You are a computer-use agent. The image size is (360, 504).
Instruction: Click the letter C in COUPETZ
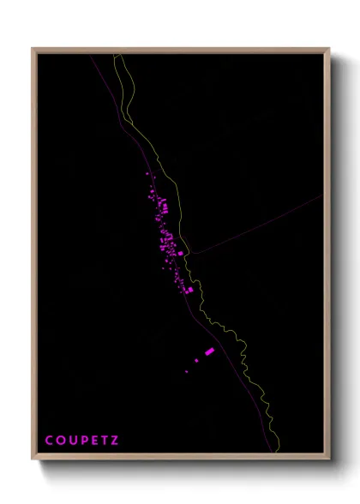(49, 441)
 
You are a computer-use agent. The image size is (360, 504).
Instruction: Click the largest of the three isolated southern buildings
(209, 351)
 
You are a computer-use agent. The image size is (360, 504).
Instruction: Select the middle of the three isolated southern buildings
(197, 361)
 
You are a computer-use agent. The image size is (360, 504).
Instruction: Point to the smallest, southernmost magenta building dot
(186, 372)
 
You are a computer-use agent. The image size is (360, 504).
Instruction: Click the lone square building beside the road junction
(181, 253)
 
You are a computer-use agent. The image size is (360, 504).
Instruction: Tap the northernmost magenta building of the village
(152, 174)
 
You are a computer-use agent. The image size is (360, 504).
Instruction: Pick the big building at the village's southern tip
(189, 290)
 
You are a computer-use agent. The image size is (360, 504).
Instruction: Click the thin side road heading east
(257, 225)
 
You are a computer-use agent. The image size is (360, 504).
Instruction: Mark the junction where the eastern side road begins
(190, 253)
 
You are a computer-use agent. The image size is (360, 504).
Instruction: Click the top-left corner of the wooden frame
(33, 49)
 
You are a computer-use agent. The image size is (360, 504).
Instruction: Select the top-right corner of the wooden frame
(328, 49)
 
